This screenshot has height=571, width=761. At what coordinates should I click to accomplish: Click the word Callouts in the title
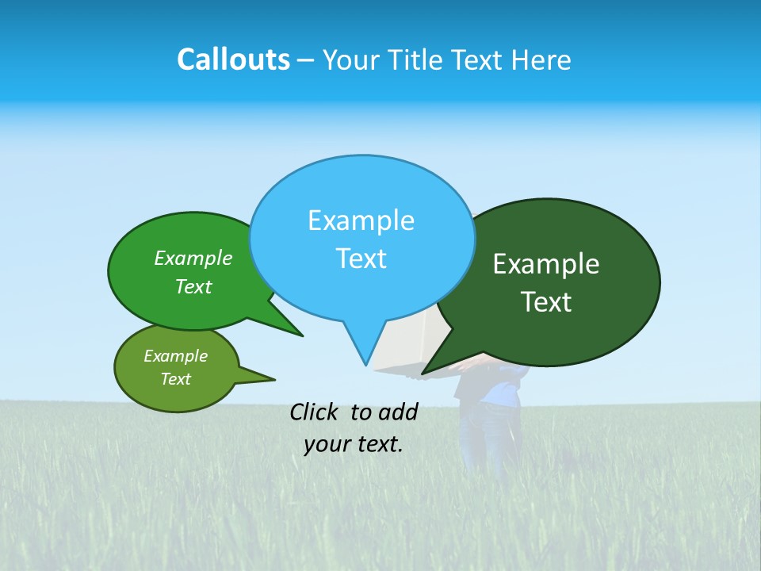point(233,59)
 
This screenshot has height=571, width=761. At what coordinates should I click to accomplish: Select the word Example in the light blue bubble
point(361,220)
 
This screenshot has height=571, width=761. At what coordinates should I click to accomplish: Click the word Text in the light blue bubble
point(361,259)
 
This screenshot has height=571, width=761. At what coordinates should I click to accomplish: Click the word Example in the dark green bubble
point(546,264)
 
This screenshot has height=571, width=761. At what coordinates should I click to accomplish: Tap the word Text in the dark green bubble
point(546,302)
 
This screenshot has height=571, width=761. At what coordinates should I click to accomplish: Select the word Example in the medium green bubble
point(193,259)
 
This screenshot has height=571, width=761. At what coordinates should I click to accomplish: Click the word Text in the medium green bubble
point(193,287)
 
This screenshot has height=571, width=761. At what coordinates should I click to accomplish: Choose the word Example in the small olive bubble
point(176,356)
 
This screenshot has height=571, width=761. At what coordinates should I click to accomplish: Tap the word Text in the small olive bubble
point(176,379)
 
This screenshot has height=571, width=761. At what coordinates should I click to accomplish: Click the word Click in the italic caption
point(315,412)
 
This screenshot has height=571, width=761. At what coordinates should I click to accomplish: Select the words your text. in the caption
point(354,444)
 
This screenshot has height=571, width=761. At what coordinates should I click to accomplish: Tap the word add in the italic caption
point(398,412)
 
